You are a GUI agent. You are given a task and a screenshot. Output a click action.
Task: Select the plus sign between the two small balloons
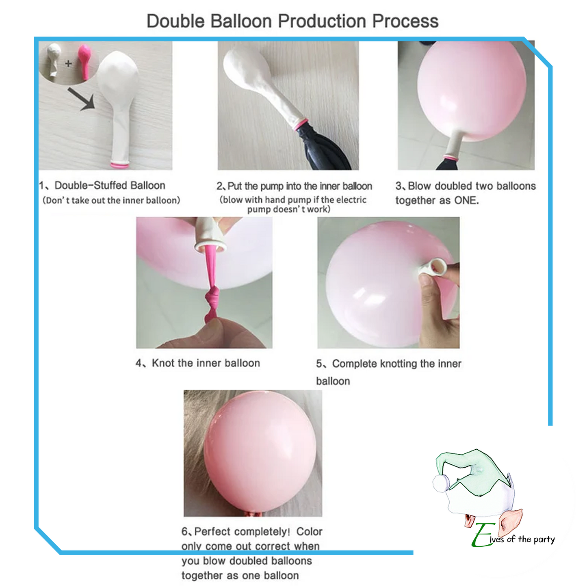(68, 63)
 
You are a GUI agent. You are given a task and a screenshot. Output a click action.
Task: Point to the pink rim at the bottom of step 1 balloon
(119, 165)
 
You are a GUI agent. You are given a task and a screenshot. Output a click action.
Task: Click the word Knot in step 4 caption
(163, 363)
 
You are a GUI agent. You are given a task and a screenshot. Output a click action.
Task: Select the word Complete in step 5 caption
(354, 364)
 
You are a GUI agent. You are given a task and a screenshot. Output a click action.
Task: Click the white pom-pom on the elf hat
(441, 483)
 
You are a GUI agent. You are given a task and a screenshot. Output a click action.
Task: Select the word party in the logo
(544, 539)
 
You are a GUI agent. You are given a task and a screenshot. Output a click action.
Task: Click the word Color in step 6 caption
(309, 532)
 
